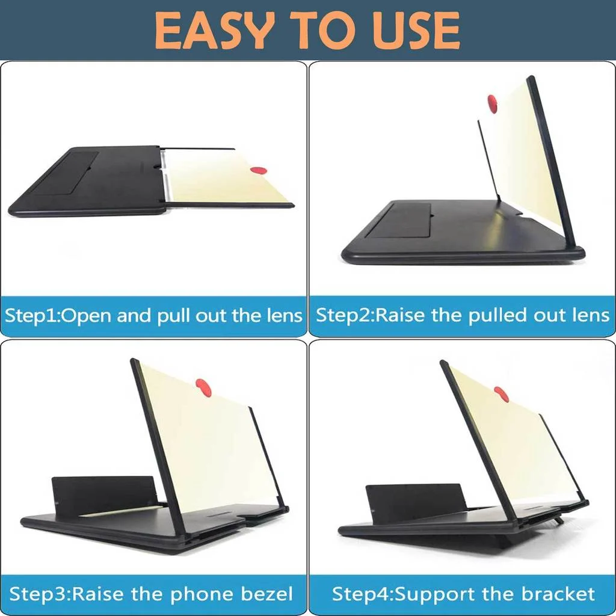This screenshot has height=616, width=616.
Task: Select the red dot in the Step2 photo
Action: click(493, 103)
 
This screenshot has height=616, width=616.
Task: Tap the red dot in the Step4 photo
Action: click(501, 395)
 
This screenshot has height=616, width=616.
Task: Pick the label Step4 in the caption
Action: click(359, 595)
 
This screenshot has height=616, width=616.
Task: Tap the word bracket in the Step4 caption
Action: click(558, 595)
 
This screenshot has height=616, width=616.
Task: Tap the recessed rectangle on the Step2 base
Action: click(398, 221)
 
